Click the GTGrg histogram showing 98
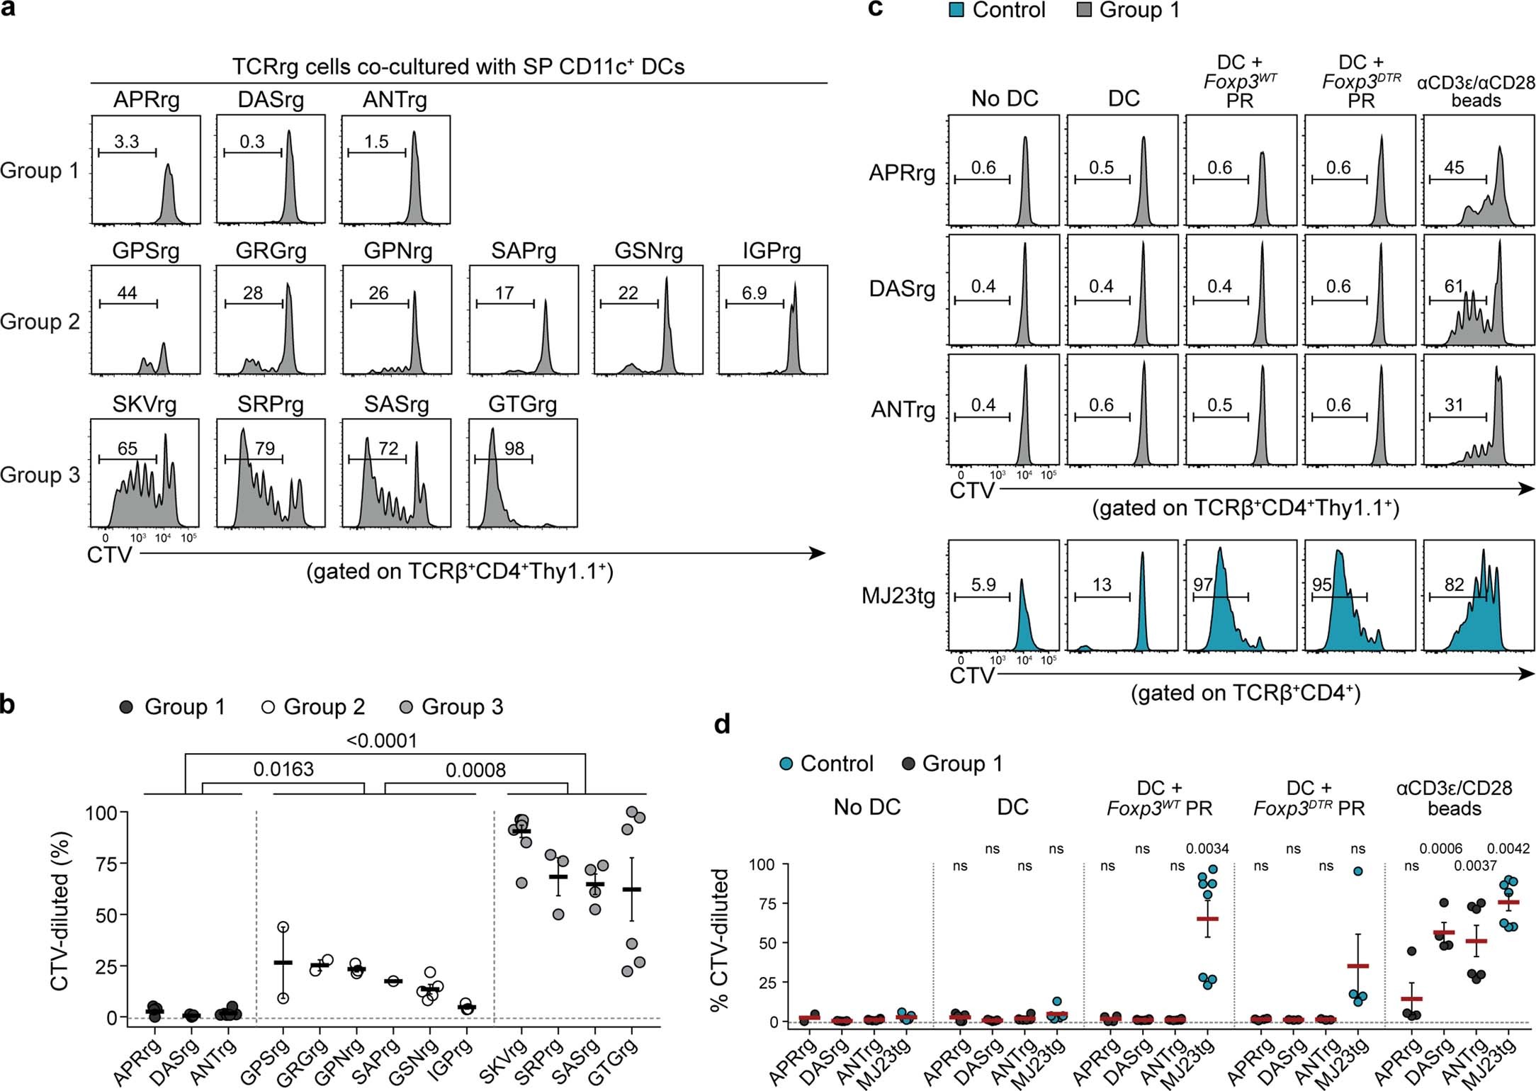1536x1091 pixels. (522, 473)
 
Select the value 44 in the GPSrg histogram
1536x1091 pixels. (127, 293)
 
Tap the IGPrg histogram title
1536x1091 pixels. (772, 251)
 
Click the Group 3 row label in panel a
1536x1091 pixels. (40, 475)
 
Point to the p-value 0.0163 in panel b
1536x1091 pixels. (283, 769)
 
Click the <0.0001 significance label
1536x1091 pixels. (381, 741)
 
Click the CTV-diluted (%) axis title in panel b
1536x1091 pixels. (60, 914)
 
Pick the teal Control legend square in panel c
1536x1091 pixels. (956, 11)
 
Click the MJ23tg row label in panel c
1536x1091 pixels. (898, 596)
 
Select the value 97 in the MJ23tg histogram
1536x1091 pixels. (1203, 584)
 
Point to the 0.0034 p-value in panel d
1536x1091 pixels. (1207, 849)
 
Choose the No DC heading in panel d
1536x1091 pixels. (866, 807)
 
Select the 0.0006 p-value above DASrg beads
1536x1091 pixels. (1441, 849)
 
